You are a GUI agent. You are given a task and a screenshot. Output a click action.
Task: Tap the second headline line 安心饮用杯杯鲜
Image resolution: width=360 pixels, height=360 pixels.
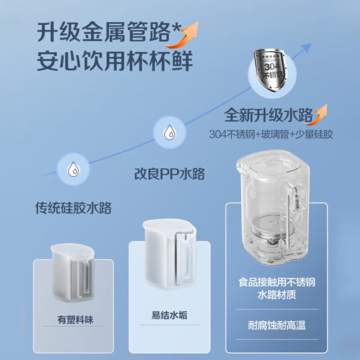(115, 62)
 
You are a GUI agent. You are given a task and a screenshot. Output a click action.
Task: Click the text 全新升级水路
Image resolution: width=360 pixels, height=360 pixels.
(268, 115)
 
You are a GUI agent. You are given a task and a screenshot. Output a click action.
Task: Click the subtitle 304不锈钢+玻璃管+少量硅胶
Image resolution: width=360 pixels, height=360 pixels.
(271, 134)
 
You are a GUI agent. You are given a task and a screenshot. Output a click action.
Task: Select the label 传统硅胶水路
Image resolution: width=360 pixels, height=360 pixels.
(73, 208)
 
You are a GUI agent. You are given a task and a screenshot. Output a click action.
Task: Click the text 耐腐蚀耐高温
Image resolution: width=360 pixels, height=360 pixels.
(276, 325)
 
